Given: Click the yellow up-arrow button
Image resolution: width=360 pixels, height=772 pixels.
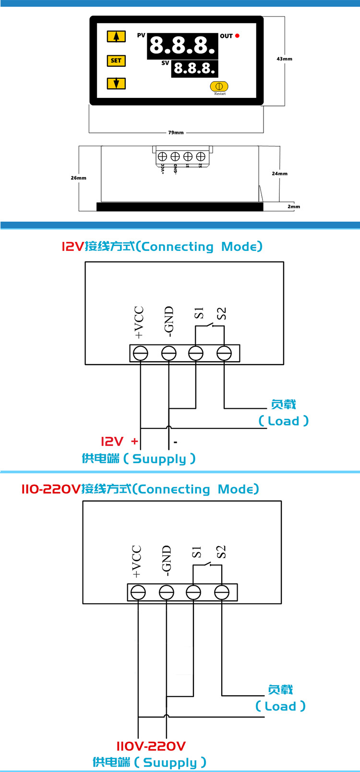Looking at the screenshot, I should pos(116,36).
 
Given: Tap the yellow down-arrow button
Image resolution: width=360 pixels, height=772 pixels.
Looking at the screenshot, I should pos(116,83).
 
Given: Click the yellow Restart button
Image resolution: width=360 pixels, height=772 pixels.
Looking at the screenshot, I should pos(219,86).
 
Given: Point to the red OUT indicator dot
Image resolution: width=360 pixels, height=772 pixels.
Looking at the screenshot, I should pos(237,36).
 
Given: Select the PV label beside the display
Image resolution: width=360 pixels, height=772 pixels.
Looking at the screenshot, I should pos(141,36).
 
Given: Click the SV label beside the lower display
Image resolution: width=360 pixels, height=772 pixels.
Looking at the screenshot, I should pos(165,63).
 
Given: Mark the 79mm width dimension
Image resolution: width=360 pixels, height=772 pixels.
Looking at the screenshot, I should pos(176,132).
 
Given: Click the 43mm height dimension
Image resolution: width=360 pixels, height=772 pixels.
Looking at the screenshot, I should pos(284,59).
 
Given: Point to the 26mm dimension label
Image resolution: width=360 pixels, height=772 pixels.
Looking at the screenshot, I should pos(79,178).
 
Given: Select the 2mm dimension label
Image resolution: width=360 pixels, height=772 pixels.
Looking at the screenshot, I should pos(294,207).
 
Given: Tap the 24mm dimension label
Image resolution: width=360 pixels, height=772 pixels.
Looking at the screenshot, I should pos(279,174).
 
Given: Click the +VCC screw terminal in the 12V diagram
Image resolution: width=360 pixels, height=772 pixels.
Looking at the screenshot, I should pos(140,354).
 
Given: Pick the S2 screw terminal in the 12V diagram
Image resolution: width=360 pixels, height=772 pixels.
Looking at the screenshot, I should pos(224,354).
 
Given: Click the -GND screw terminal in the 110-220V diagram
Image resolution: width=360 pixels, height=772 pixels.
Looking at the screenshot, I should pos(167,593).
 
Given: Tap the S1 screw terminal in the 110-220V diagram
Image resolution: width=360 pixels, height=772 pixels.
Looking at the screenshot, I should pos(193,593).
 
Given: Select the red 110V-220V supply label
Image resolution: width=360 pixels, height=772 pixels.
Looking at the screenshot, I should pos(151,746).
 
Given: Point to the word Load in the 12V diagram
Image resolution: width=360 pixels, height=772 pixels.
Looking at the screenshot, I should pos(283,421).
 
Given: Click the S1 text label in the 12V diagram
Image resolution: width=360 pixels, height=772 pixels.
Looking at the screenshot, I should pos(199,313).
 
